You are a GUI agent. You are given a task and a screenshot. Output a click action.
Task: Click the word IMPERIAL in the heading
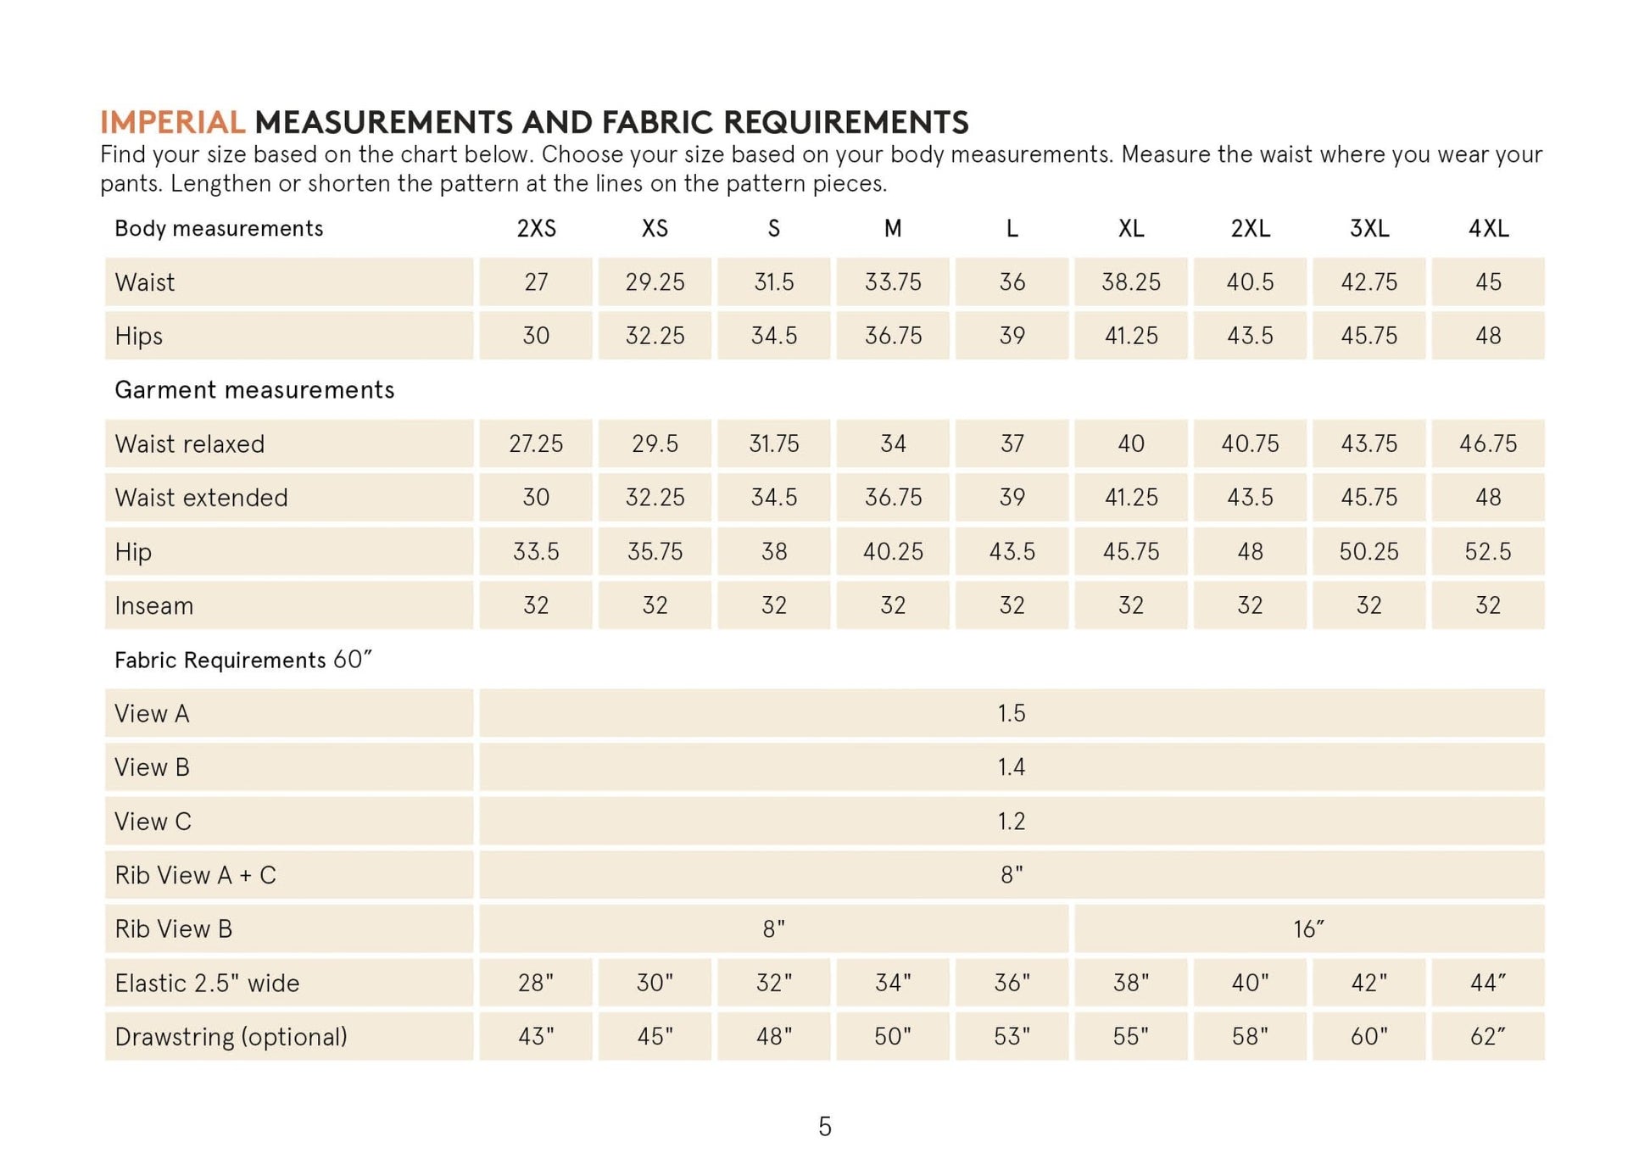point(172,123)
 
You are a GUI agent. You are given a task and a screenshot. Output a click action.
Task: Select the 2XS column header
point(536,229)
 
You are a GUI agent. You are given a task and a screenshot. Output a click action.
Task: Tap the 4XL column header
point(1488,229)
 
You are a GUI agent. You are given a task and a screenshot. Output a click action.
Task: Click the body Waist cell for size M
point(893,282)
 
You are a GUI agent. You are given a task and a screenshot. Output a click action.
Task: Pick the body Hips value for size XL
point(1131,336)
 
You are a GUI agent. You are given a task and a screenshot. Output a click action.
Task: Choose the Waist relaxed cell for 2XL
point(1250,443)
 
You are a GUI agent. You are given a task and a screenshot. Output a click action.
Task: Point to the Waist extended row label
point(202,498)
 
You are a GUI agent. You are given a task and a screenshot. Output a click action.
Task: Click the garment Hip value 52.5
point(1488,552)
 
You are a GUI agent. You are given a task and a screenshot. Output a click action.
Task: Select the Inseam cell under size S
point(773,605)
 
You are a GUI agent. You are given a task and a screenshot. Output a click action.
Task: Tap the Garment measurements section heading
point(254,390)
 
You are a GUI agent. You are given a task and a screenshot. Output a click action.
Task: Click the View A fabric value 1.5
point(1012,713)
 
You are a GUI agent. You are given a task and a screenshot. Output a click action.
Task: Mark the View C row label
point(153,822)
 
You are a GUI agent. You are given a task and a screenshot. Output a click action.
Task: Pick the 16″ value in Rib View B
point(1308,929)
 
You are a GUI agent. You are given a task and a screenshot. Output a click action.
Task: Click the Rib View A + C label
point(196,875)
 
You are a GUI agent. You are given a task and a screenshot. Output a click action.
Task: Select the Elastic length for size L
point(1012,983)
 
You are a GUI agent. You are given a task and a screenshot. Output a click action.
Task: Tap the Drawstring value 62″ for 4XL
point(1488,1037)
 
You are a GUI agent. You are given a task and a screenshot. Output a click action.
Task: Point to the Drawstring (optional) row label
point(231,1037)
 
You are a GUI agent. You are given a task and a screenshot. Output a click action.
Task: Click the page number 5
point(825,1127)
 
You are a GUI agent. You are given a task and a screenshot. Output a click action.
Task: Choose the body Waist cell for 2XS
point(536,282)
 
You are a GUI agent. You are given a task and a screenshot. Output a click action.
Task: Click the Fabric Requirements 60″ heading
point(243,660)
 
